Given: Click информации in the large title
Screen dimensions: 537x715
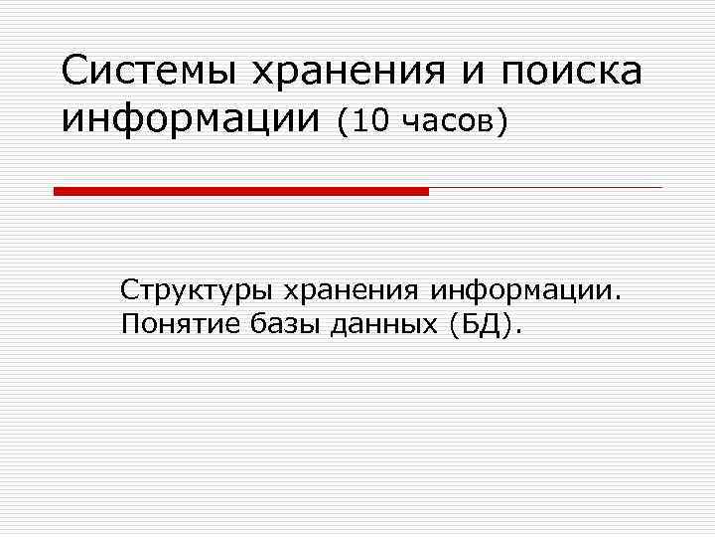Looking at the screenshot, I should [x=191, y=120].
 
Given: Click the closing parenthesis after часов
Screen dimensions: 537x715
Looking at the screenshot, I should [x=504, y=121].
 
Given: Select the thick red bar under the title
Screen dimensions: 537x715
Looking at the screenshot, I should [x=241, y=191].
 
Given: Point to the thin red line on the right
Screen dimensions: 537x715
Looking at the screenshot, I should [x=545, y=187].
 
